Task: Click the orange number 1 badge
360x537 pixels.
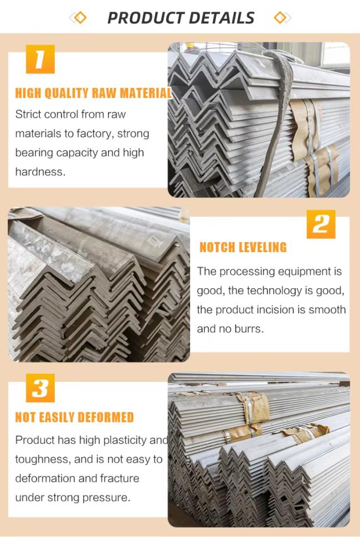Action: (x=40, y=59)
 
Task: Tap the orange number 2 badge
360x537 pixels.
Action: (x=321, y=224)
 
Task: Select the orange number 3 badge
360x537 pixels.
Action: (x=40, y=388)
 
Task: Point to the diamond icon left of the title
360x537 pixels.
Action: (x=78, y=18)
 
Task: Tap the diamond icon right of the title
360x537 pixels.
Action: (x=282, y=18)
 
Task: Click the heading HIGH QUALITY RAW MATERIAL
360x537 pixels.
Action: (x=93, y=93)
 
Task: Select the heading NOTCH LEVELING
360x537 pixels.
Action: (x=243, y=247)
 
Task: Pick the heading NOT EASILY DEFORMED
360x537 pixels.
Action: (x=74, y=417)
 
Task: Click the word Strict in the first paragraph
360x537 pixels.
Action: (x=29, y=114)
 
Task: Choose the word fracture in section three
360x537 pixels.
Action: (x=120, y=478)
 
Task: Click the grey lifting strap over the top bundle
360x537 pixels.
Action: (x=276, y=123)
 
